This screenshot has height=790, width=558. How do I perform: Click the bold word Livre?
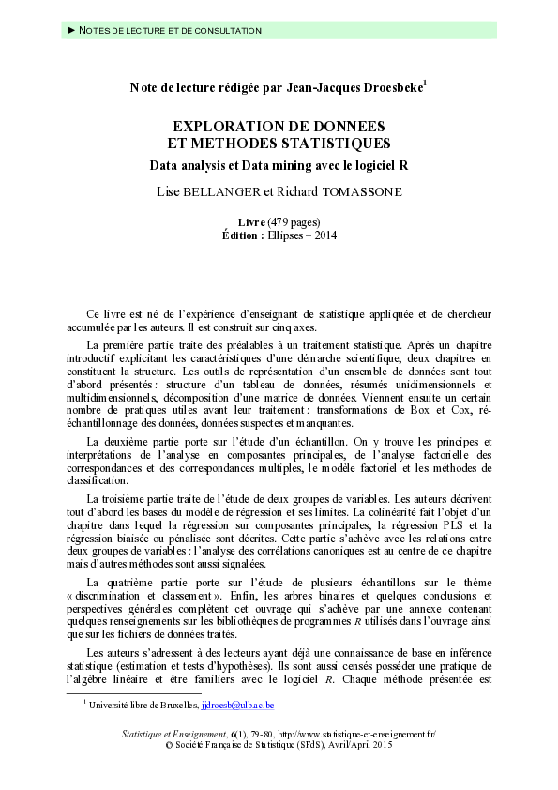(251, 220)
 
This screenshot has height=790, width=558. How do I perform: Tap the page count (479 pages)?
(294, 220)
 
